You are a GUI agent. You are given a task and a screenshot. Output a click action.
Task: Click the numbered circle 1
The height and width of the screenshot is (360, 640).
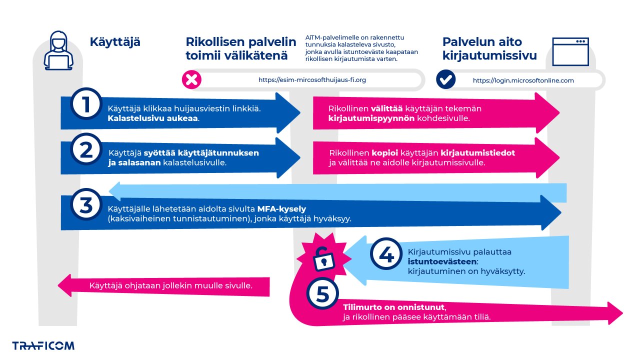tap(86, 104)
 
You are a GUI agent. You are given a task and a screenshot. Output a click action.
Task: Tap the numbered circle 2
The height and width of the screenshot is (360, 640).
tap(86, 148)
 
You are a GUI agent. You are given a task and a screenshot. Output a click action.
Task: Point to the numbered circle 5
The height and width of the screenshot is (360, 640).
tap(322, 294)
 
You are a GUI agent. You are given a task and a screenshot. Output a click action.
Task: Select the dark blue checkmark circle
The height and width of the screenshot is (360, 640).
tap(445, 79)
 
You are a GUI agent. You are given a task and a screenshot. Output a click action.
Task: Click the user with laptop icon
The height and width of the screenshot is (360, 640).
tap(58, 50)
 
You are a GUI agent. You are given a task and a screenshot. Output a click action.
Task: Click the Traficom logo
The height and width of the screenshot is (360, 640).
tap(43, 345)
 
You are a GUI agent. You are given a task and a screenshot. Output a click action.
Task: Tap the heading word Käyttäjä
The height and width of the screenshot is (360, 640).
tap(115, 42)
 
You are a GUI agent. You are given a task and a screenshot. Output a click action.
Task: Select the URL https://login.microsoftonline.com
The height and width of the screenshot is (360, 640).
tap(523, 80)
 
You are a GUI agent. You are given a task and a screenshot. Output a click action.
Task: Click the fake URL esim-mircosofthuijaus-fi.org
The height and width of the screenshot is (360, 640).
tap(312, 80)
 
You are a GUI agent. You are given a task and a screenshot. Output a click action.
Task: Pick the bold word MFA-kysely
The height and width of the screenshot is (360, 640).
tap(281, 208)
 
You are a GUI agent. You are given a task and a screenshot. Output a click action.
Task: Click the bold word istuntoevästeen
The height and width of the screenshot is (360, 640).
tap(442, 261)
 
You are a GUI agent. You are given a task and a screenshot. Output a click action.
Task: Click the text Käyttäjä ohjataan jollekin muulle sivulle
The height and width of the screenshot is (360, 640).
tap(170, 286)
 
